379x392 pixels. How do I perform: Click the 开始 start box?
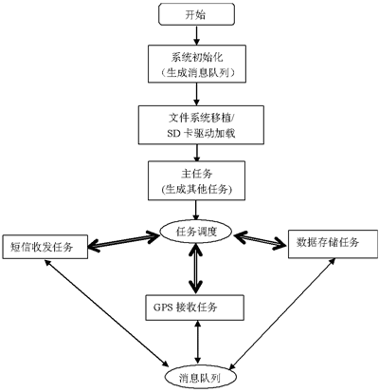[196, 15]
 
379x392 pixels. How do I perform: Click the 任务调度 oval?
[196, 231]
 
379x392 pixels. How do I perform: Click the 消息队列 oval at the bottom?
[196, 377]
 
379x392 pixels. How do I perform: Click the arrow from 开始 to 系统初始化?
[196, 36]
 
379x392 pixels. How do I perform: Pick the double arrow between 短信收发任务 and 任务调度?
[124, 238]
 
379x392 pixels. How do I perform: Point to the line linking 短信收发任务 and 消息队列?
[104, 313]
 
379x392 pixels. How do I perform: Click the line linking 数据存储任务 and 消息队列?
[284, 313]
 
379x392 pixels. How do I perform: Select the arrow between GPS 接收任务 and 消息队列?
[196, 342]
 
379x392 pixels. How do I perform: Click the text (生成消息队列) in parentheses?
[196, 72]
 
